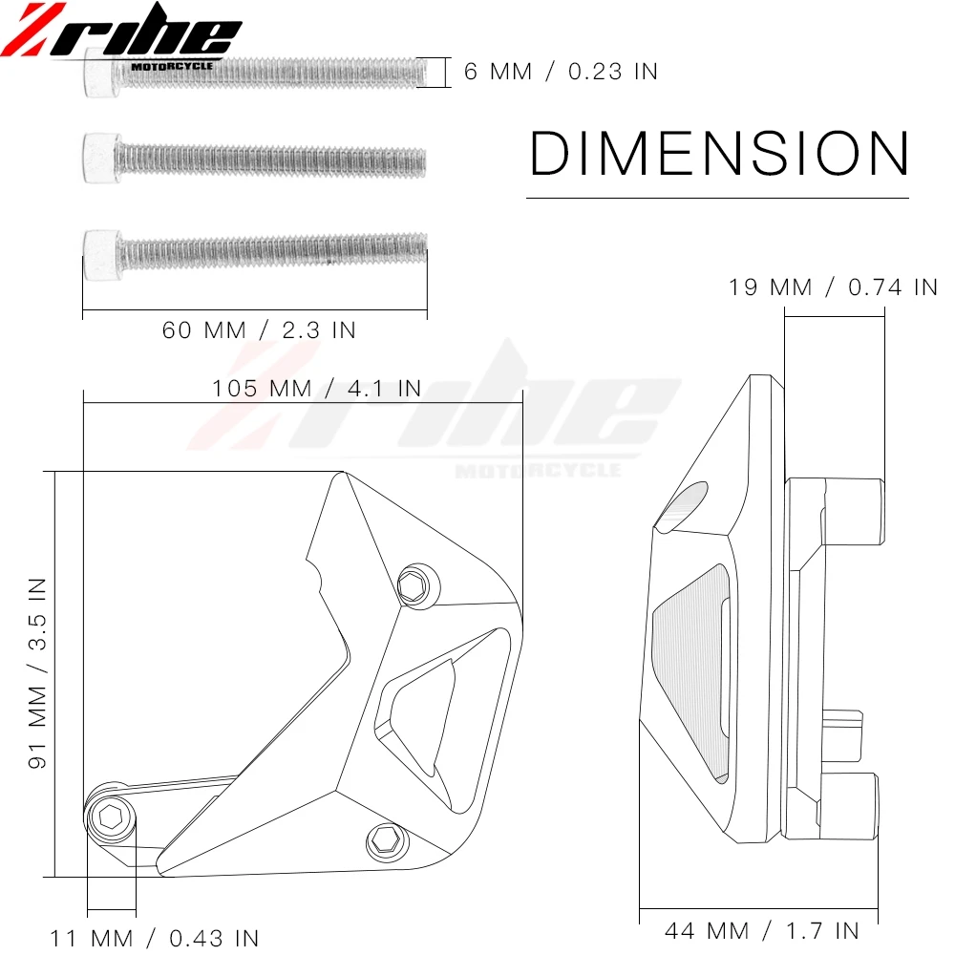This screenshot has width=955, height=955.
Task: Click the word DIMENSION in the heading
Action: pos(719,153)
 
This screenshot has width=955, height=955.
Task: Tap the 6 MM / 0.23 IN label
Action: pos(561,72)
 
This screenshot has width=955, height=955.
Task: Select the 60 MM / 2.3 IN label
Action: pos(259,330)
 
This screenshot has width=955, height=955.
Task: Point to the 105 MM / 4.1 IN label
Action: pos(317,389)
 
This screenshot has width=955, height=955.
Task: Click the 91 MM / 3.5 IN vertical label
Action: pos(37,673)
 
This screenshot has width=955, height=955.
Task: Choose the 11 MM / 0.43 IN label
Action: pos(154,938)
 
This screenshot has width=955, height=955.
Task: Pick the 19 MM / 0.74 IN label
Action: pos(833,287)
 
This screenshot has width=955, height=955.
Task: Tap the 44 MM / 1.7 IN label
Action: pos(762,930)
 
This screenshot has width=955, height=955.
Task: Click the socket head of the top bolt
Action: pos(98,73)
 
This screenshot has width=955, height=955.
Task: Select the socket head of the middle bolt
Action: pos(98,159)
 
